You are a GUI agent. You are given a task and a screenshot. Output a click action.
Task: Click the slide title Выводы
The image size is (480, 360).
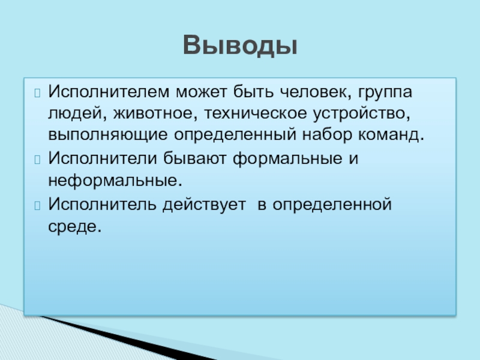point(241,46)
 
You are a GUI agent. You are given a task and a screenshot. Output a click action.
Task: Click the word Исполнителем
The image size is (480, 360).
point(109,92)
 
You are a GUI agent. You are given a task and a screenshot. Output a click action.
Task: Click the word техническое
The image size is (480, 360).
point(256,113)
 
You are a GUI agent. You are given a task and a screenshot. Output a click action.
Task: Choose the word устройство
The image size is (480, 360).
point(362,114)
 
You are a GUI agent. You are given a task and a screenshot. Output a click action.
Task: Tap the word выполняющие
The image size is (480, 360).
point(108,134)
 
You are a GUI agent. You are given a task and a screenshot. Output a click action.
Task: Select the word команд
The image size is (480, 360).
point(391,134)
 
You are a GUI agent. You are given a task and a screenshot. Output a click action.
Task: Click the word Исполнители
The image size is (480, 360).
point(103,158)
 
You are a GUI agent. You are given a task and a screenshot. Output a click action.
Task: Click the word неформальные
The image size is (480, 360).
point(115,181)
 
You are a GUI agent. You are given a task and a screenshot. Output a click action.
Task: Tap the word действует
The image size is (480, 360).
point(204,204)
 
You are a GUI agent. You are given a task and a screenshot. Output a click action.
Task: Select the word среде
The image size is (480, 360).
point(74,227)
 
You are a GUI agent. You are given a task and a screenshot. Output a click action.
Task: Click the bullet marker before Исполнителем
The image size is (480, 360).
point(37,93)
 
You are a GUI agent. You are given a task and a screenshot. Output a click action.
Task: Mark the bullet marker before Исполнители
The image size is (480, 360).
point(37,160)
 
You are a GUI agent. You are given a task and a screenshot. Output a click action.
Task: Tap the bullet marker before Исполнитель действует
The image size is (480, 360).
point(37,206)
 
